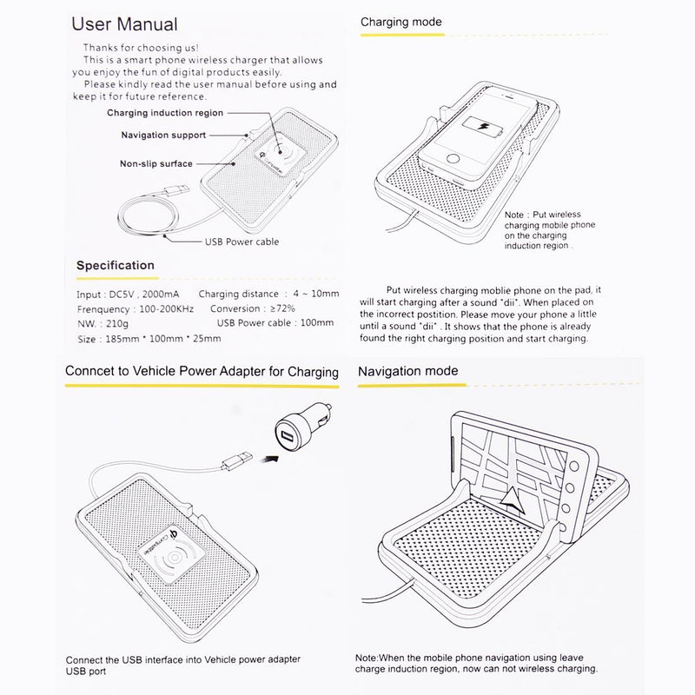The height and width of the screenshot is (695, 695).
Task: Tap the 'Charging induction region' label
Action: (x=165, y=113)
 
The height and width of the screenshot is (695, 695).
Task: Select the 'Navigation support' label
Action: (x=162, y=136)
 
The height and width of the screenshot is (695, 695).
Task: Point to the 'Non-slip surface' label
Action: (x=156, y=163)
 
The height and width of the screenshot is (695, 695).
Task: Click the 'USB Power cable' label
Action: (x=242, y=242)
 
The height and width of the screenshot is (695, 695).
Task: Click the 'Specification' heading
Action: (x=116, y=265)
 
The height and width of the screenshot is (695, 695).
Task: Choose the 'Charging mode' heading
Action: (x=400, y=22)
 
